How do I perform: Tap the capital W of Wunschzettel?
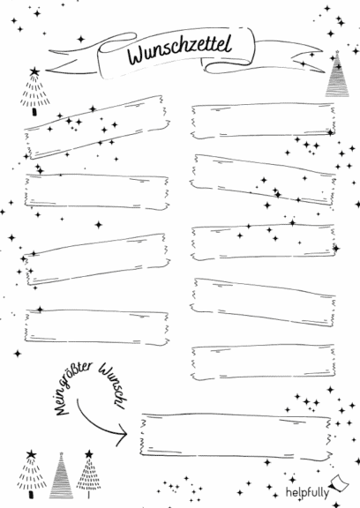click(x=137, y=55)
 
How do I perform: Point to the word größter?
click(x=79, y=376)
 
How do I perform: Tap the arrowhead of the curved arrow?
click(x=122, y=434)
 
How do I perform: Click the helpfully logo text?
click(x=307, y=493)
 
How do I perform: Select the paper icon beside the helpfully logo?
click(x=339, y=483)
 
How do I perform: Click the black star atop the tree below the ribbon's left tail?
click(x=34, y=71)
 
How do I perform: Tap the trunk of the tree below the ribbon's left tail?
click(x=34, y=112)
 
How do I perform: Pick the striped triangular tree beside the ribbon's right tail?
click(x=337, y=74)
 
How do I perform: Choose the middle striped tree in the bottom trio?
click(x=61, y=475)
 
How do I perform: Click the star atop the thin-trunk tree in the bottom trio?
click(x=89, y=454)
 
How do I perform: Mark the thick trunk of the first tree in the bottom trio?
click(x=31, y=495)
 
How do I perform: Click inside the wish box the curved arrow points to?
click(x=236, y=436)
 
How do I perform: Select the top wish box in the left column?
click(x=97, y=127)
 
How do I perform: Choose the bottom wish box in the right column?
click(x=263, y=362)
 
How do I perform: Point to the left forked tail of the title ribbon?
click(x=72, y=60)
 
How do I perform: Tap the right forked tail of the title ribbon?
click(x=289, y=56)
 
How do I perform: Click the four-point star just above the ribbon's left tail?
click(x=81, y=40)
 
